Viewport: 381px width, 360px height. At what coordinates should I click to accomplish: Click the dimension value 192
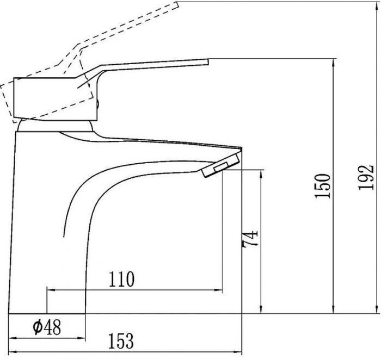click(x=366, y=177)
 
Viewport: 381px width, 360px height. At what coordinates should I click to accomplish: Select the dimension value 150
click(x=323, y=186)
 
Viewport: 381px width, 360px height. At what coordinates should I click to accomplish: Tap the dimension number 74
click(x=250, y=239)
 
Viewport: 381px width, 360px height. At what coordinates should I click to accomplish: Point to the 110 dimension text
click(x=121, y=279)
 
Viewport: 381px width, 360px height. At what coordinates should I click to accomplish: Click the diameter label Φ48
click(x=47, y=327)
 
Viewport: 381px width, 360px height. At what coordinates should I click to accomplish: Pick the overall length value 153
click(x=121, y=341)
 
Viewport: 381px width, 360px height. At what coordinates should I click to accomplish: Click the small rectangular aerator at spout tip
click(x=221, y=167)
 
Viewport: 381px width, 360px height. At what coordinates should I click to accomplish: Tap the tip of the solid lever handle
click(x=208, y=62)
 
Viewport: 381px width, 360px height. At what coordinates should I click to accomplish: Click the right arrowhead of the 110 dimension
click(x=219, y=290)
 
